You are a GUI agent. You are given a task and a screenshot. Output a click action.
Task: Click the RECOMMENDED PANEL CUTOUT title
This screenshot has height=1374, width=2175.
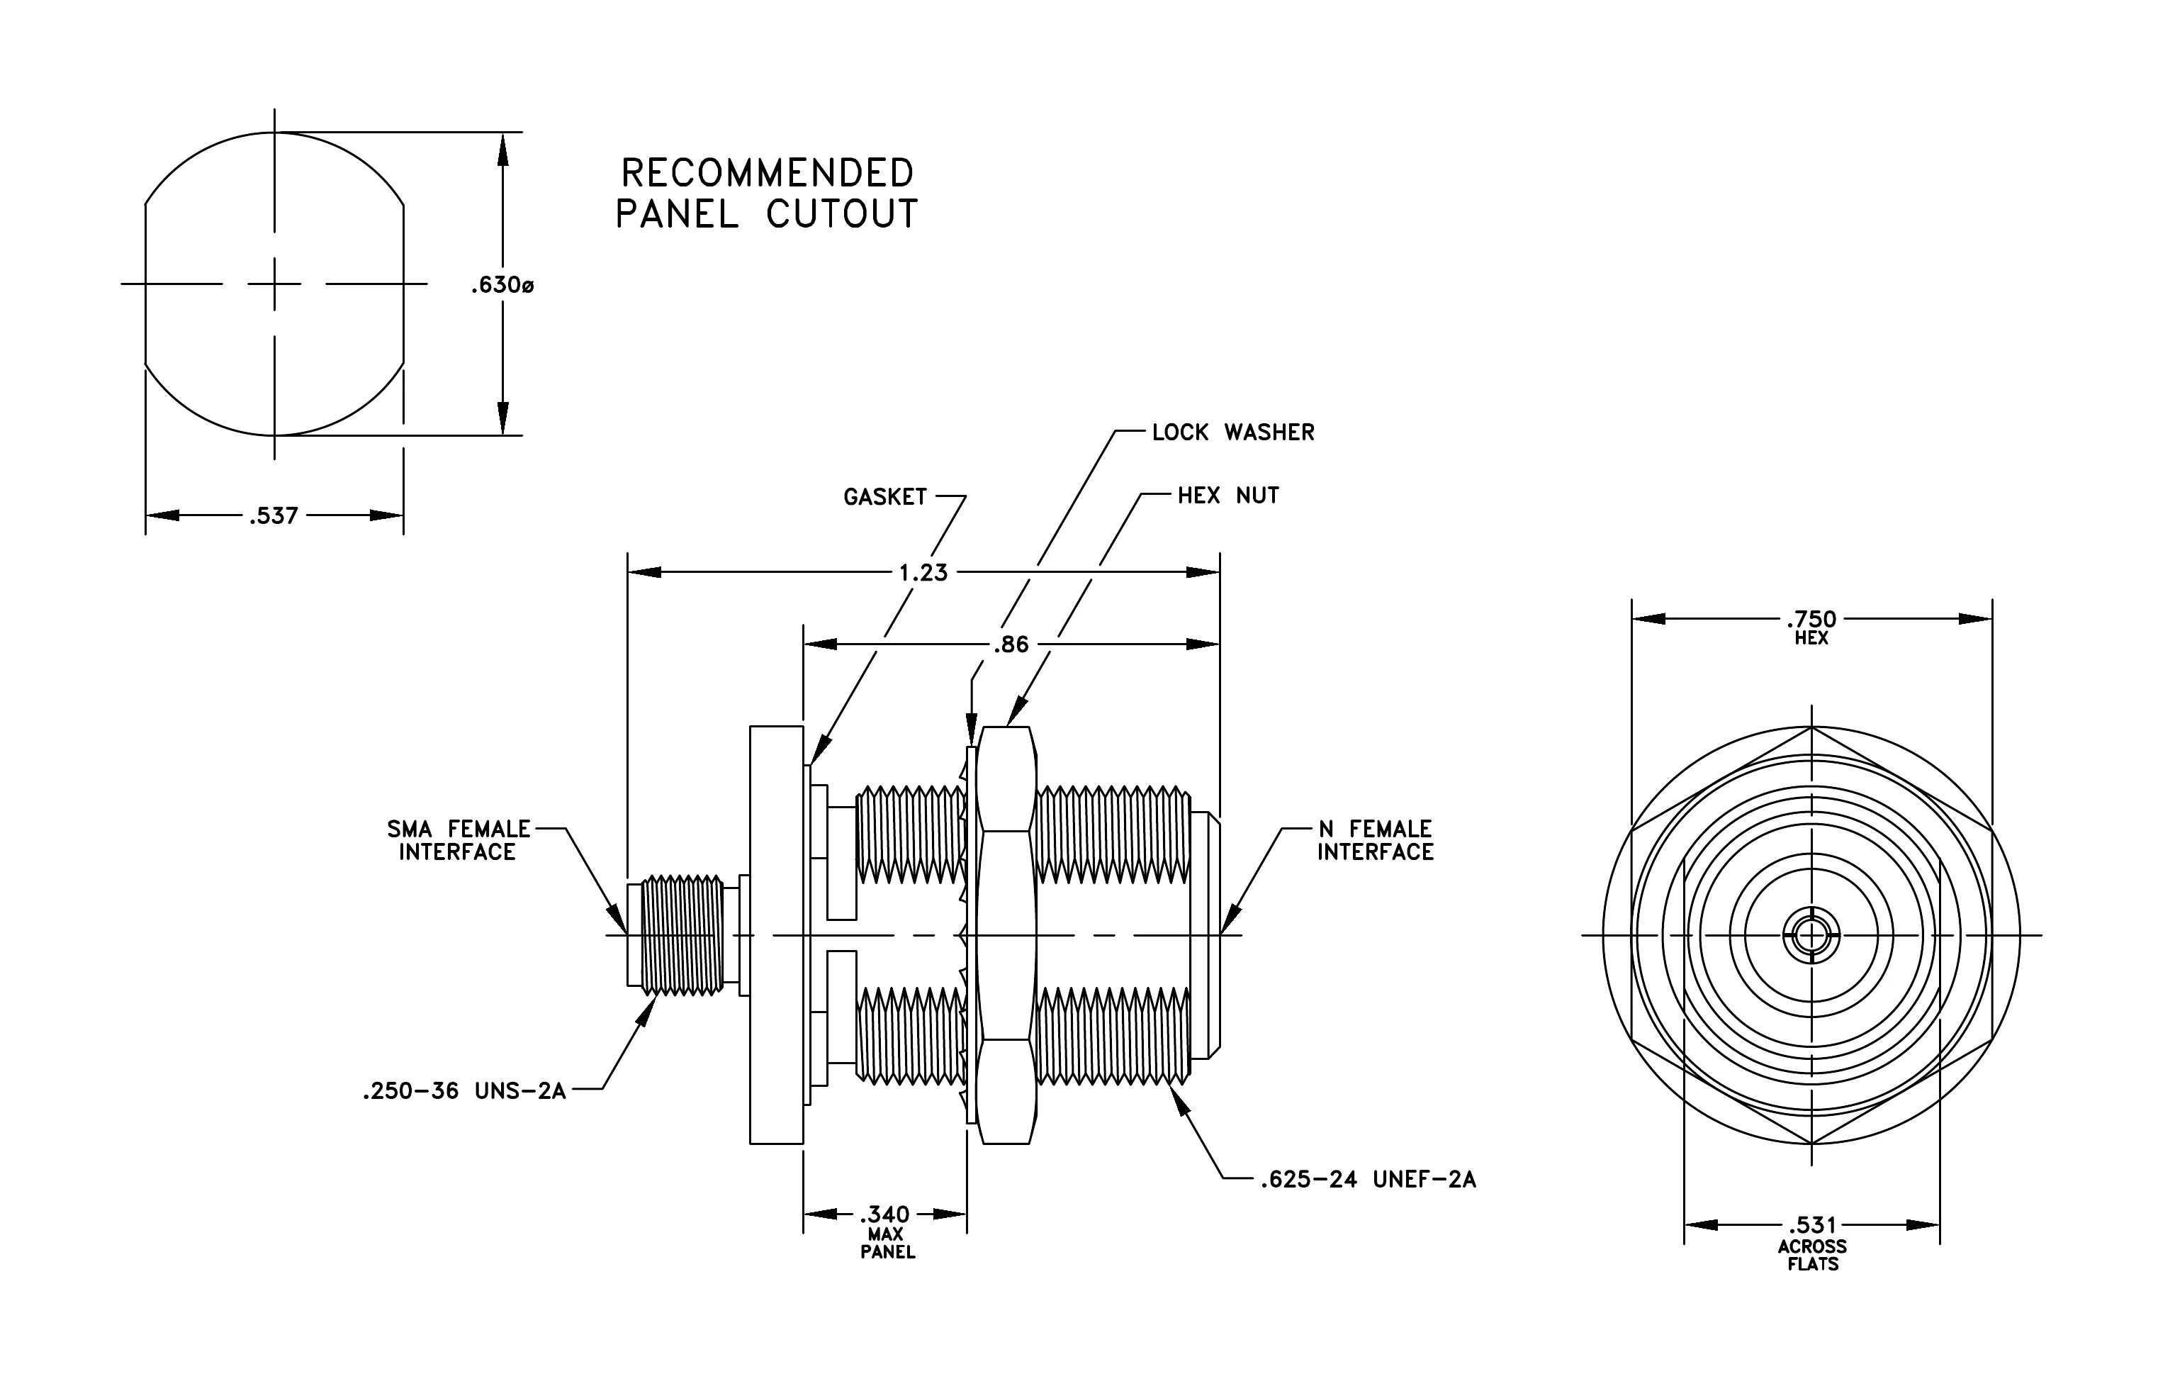(x=766, y=194)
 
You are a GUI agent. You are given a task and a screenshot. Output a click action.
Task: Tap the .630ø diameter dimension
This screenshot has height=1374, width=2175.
(x=502, y=286)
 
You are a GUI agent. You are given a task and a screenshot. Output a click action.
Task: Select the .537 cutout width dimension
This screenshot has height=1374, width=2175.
(x=274, y=516)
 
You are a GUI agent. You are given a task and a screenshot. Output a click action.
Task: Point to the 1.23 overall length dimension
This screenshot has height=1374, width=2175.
(x=923, y=573)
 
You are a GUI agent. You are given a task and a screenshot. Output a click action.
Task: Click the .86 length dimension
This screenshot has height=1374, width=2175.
(x=1011, y=645)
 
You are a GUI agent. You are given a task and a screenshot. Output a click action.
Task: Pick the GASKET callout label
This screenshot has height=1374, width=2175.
(x=885, y=497)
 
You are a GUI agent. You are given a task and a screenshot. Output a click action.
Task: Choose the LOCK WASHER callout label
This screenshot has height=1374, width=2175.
(x=1233, y=432)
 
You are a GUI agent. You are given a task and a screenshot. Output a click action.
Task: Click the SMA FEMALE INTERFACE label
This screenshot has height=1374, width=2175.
(x=459, y=840)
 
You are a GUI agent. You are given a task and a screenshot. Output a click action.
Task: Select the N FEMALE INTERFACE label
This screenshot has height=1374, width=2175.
(x=1375, y=840)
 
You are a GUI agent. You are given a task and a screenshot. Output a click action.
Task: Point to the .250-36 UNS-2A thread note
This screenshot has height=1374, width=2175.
(x=464, y=1091)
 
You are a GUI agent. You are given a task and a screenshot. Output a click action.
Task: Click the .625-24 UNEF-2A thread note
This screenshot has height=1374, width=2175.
(x=1368, y=1179)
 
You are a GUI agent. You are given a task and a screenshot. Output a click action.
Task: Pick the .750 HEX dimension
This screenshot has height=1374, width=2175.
(x=1811, y=627)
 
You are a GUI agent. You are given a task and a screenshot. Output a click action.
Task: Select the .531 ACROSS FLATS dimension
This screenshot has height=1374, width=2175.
(x=1812, y=1243)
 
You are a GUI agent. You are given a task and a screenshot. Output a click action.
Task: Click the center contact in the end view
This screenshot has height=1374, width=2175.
(x=1811, y=935)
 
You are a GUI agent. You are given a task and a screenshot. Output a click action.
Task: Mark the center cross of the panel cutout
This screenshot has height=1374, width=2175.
(x=274, y=284)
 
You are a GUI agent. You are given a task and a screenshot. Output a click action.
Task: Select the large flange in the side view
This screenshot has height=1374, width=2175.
(x=777, y=935)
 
